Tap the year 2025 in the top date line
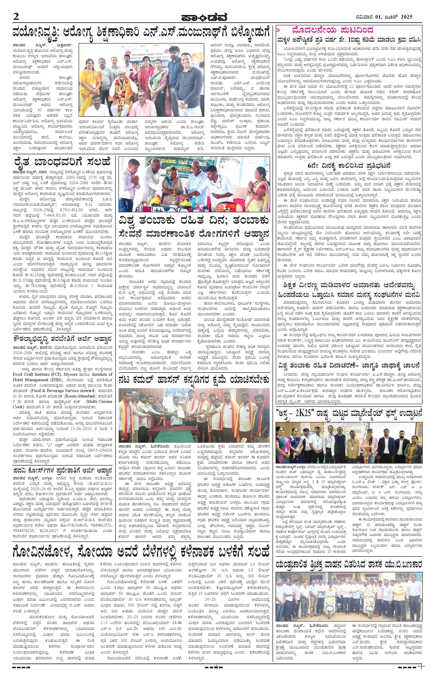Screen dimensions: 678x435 click(404, 17)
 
